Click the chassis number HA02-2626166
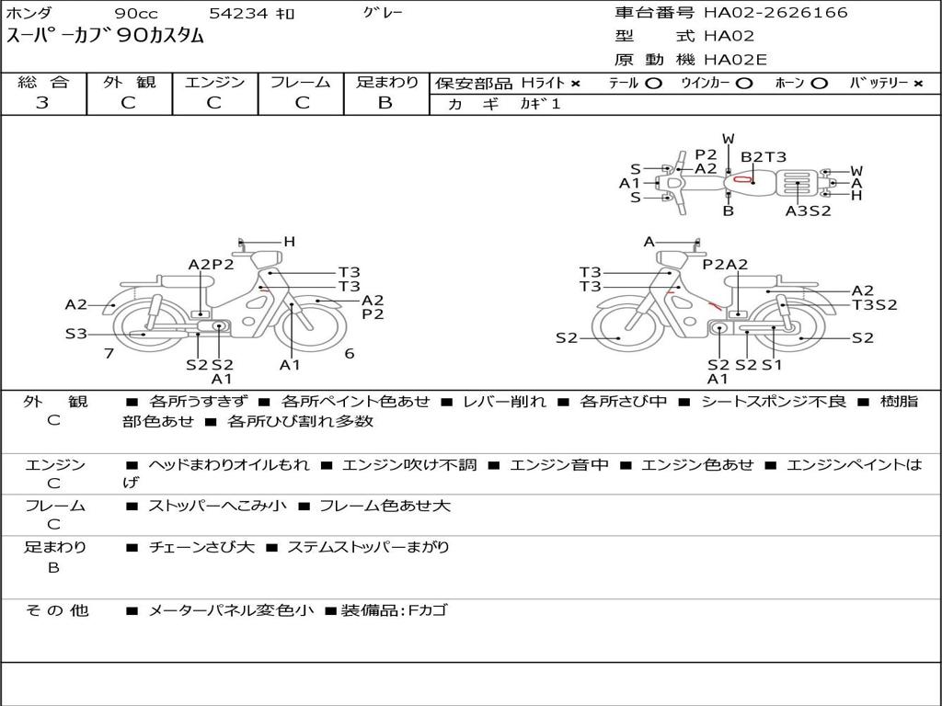click(x=775, y=12)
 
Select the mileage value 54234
click(x=238, y=13)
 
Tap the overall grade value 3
click(x=42, y=103)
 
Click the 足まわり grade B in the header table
click(x=385, y=103)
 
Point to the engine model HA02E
click(x=735, y=60)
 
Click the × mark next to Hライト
click(x=576, y=84)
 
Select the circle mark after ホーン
click(x=820, y=84)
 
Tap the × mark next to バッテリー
click(x=918, y=84)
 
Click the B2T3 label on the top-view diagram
click(x=763, y=157)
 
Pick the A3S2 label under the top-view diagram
click(x=808, y=211)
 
